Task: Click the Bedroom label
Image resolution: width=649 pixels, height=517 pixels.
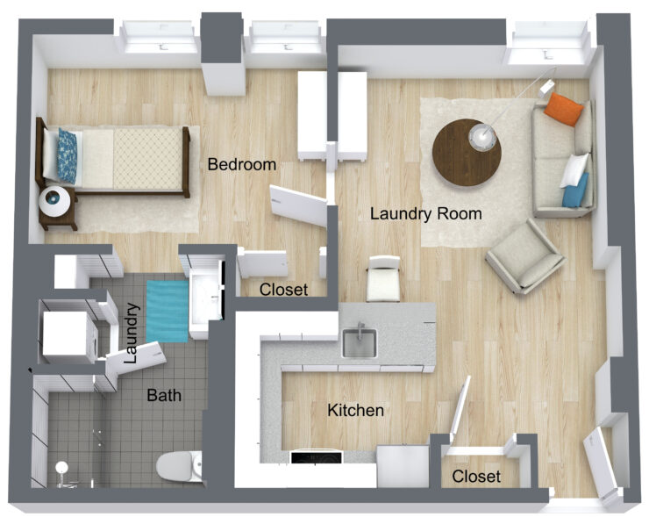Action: click(x=241, y=164)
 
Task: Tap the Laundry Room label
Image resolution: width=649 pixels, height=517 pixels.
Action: click(x=425, y=213)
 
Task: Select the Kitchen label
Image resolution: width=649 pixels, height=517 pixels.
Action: click(x=355, y=410)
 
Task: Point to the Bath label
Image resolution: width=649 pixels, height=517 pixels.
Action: click(x=164, y=395)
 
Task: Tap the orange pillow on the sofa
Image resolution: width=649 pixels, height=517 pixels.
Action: click(x=563, y=110)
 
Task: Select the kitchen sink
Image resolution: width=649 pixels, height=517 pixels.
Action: click(x=359, y=341)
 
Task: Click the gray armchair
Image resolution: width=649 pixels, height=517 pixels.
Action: click(x=524, y=255)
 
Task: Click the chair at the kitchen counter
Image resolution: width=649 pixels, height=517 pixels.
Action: click(x=384, y=279)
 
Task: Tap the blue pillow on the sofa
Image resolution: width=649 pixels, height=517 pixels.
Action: click(x=575, y=190)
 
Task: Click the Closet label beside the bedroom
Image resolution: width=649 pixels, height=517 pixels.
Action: click(x=284, y=290)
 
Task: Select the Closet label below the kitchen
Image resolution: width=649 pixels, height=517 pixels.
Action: click(x=476, y=477)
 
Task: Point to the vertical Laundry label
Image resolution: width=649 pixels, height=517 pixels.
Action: click(x=132, y=334)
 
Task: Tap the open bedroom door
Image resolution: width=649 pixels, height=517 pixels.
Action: click(x=297, y=202)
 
